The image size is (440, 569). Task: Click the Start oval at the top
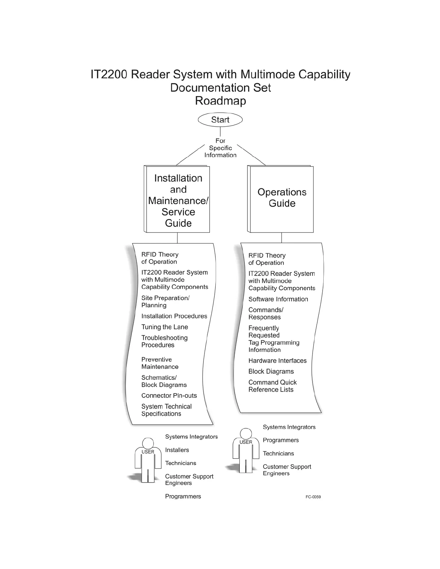click(x=220, y=120)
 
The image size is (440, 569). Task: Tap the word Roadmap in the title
click(x=220, y=101)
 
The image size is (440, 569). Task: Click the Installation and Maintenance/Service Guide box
click(x=178, y=200)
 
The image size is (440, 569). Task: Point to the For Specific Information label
click(x=220, y=148)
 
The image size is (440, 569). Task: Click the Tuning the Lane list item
click(x=165, y=327)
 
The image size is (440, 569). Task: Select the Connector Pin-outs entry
click(x=169, y=396)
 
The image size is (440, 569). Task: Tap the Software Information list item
click(x=278, y=299)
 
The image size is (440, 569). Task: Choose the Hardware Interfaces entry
click(x=277, y=361)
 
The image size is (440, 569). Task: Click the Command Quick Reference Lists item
click(x=272, y=386)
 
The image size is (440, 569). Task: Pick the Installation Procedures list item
click(x=174, y=316)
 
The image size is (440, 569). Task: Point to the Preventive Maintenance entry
click(x=160, y=363)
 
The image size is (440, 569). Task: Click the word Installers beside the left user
click(x=177, y=450)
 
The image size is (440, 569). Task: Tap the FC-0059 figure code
click(x=313, y=497)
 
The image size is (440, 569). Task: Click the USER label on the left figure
click(x=148, y=452)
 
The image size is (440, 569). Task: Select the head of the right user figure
click(x=246, y=433)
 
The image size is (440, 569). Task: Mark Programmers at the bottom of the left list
click(x=183, y=496)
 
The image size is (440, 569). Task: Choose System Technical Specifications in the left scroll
click(x=166, y=410)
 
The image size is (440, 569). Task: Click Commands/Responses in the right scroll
click(x=266, y=314)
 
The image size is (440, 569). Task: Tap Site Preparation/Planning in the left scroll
click(x=165, y=301)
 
